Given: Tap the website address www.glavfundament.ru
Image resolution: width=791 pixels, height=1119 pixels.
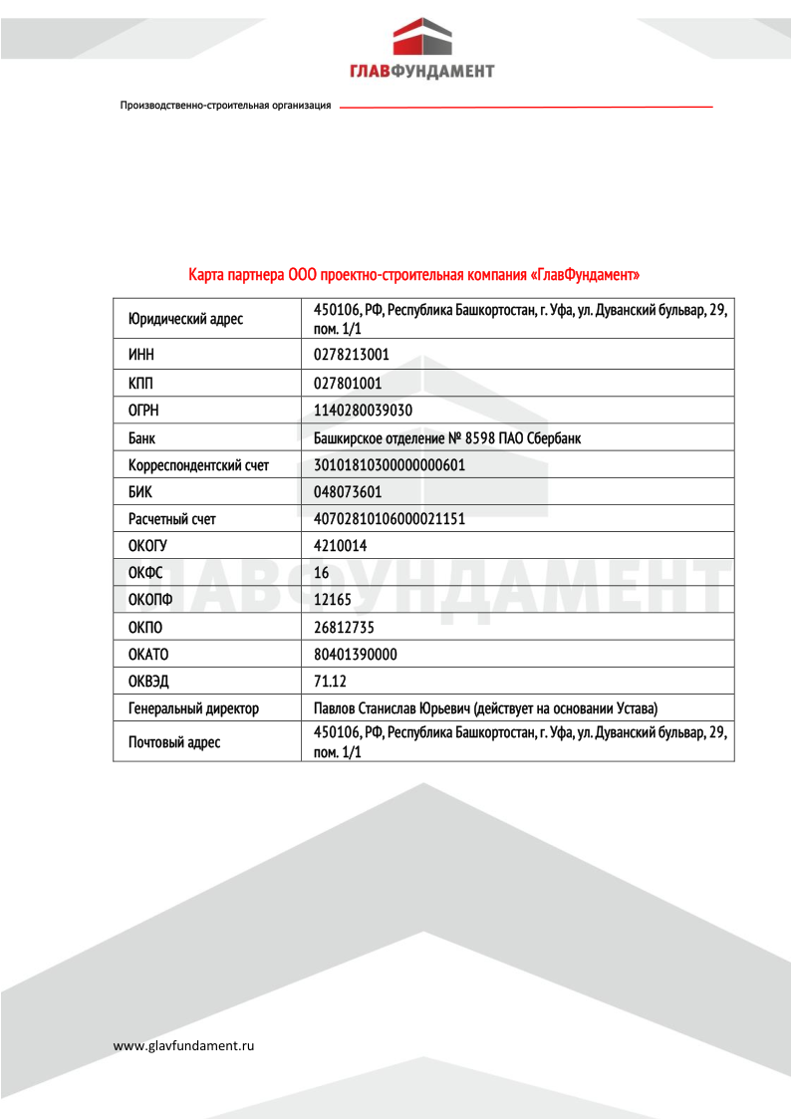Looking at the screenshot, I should pos(184,1045).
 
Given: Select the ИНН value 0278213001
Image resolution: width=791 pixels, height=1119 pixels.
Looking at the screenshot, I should pos(351,355).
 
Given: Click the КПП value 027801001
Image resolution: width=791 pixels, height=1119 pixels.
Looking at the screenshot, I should pos(348,383).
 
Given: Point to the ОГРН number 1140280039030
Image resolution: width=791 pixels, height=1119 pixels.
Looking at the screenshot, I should pos(363,410).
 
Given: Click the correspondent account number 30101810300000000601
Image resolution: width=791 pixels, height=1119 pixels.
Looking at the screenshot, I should pos(390,464).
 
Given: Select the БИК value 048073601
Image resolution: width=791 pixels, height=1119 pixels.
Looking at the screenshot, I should pos(348,491).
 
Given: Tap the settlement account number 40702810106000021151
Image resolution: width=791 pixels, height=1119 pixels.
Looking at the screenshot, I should pos(390,519).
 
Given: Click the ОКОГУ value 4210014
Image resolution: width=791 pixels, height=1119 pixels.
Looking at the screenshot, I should pos(340,546).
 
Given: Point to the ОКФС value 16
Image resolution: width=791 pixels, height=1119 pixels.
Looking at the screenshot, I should pos(321,573).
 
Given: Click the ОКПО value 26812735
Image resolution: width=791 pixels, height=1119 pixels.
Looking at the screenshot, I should pos(344,627).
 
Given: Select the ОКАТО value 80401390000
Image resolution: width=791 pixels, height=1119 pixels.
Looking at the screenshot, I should pos(355,655).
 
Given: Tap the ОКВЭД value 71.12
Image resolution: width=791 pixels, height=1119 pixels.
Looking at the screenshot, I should pos(331,682).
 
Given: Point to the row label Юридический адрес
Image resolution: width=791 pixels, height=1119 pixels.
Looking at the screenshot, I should pos(185,320).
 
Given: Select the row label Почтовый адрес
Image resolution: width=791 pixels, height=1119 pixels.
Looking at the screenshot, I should pos(174,742).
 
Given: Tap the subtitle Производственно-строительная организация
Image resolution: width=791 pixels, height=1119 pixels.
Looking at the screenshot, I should pos(225,106).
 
